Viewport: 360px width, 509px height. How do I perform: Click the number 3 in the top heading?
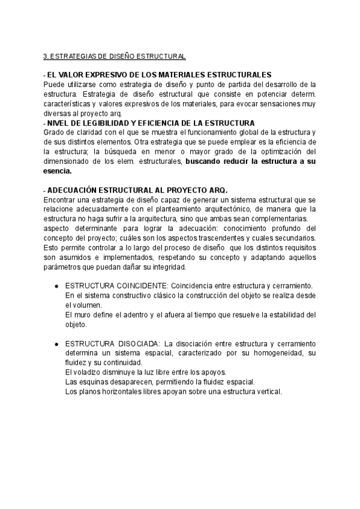point(46,56)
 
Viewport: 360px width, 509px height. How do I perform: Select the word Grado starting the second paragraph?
point(54,132)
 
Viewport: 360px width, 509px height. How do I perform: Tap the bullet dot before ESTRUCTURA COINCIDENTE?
point(55,286)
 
